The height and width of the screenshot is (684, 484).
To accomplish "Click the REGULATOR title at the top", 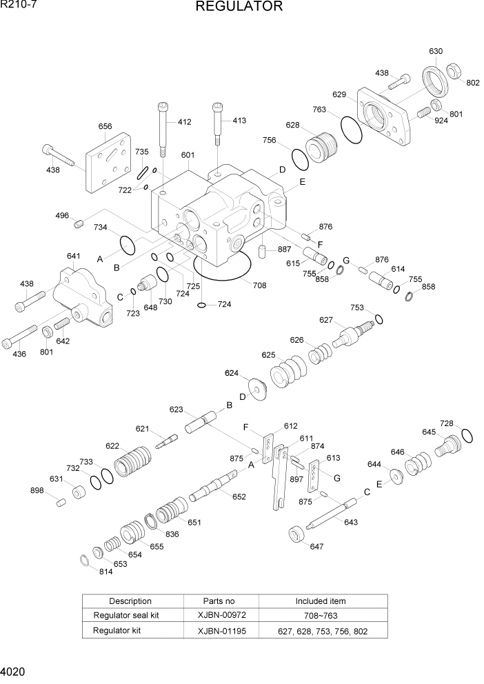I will tap(239, 7).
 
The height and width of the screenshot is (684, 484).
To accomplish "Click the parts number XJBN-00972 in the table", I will tap(219, 616).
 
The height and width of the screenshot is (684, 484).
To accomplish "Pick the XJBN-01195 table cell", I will tap(219, 631).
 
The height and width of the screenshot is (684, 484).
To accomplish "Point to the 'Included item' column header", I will tap(321, 601).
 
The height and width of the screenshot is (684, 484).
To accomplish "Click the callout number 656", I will tap(105, 127).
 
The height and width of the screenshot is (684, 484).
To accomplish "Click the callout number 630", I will tap(435, 52).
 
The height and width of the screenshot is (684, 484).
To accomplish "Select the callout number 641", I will tap(73, 256).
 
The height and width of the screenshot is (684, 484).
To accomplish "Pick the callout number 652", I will tap(239, 496).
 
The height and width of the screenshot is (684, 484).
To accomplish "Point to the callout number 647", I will tap(316, 546).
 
